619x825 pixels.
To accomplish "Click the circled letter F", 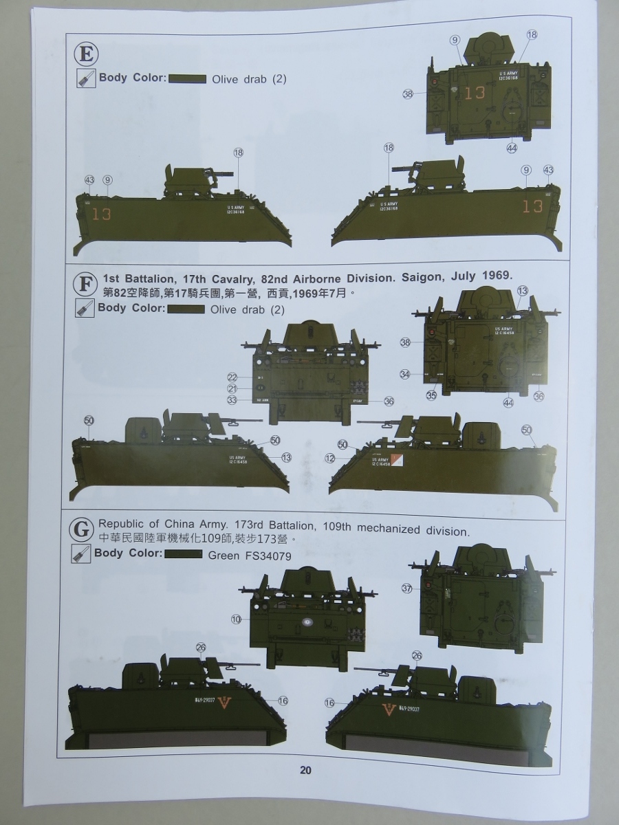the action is tap(85, 283).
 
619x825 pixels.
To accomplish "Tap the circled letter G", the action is tap(82, 529).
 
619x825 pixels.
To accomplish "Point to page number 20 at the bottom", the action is tap(305, 770).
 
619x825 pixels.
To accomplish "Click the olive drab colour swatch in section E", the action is tap(187, 79).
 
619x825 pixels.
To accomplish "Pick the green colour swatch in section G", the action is tap(182, 554).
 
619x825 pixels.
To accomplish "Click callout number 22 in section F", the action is tap(232, 377).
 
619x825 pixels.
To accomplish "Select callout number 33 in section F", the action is tap(232, 399).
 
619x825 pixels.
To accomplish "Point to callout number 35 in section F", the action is tap(431, 395).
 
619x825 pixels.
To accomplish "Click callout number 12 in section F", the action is tap(330, 458).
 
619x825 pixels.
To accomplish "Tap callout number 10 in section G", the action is tap(237, 619).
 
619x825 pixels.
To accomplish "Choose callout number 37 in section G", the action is tap(406, 588).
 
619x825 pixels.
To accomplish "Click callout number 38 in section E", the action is tap(408, 94).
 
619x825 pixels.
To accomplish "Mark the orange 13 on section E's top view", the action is tap(475, 93).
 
